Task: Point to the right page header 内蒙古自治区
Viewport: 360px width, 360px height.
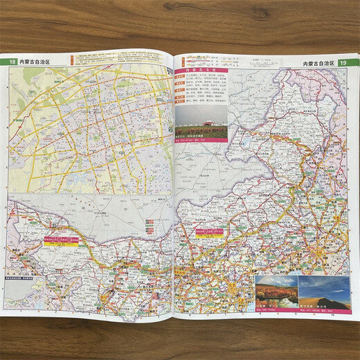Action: coord(318,63)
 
